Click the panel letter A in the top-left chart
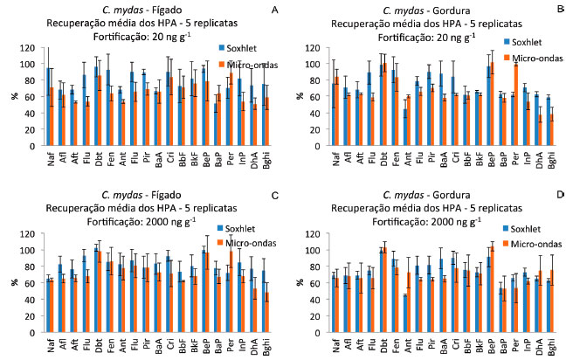point(274,10)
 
